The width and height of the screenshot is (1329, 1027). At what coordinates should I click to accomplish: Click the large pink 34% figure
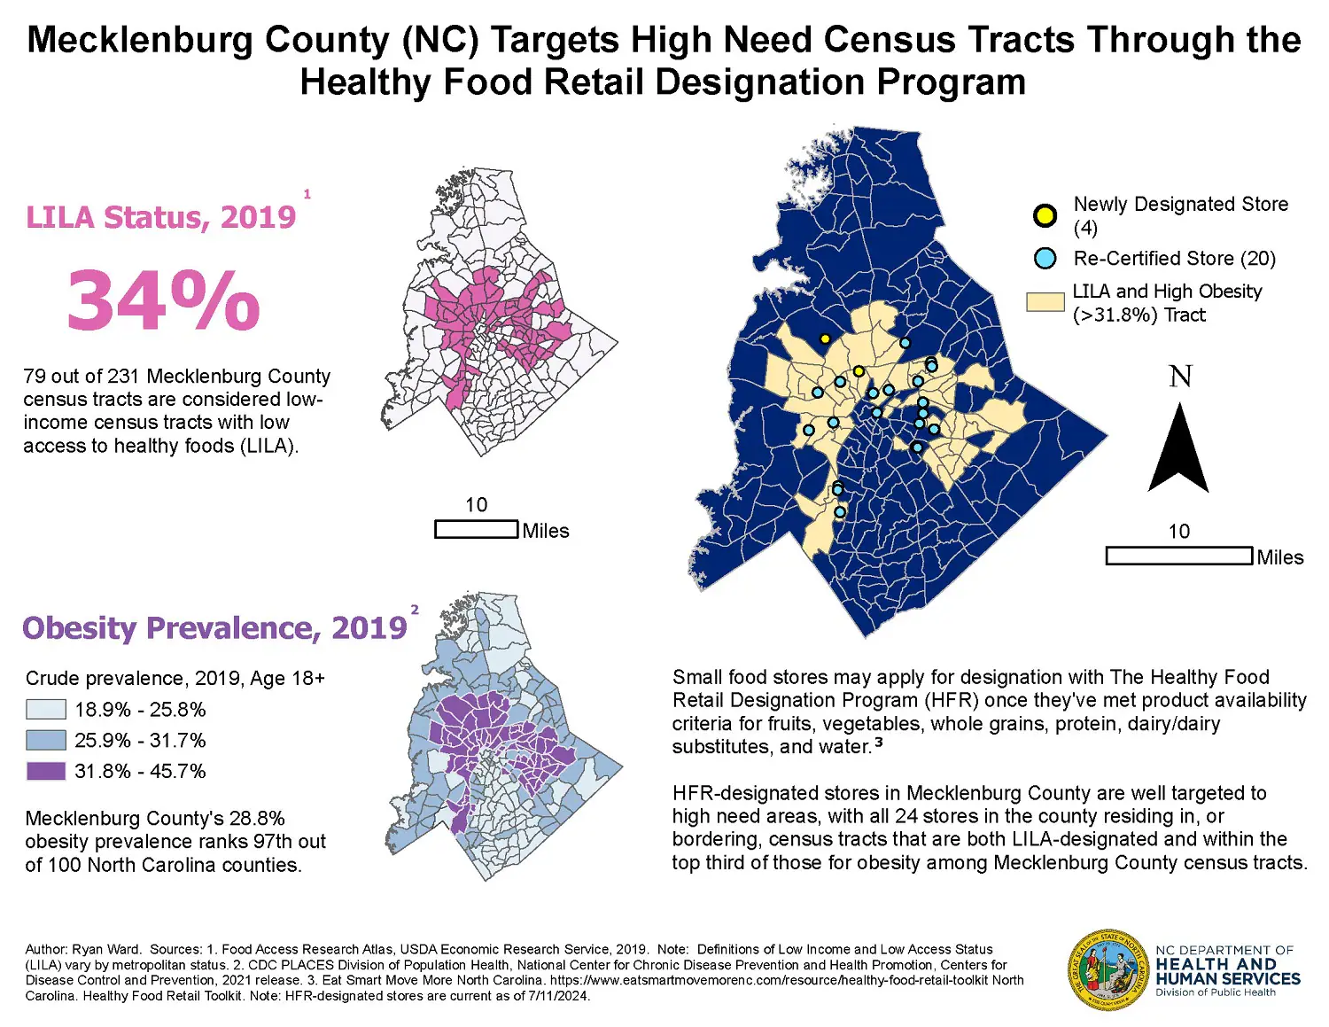click(164, 301)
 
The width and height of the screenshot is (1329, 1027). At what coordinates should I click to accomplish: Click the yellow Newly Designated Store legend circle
click(1045, 215)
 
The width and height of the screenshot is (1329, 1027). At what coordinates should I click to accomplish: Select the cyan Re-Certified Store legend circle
click(1045, 259)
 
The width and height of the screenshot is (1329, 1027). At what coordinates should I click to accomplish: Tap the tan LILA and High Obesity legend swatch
click(1045, 302)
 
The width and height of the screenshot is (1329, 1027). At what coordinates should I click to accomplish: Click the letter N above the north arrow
click(1180, 377)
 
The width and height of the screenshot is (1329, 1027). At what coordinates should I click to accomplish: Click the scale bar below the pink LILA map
click(476, 530)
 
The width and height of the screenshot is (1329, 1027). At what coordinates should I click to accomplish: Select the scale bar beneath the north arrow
click(1179, 556)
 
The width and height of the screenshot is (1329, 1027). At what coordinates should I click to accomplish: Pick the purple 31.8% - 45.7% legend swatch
click(46, 771)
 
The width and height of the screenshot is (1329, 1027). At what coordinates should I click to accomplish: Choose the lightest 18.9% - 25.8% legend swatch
click(46, 709)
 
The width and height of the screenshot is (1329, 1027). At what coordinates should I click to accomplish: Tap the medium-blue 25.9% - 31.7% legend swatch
click(46, 740)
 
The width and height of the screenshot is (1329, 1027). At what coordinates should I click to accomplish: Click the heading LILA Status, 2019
click(160, 218)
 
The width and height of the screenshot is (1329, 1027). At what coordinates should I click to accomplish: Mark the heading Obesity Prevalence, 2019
click(214, 628)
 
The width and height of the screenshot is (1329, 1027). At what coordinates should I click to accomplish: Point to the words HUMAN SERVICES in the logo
click(1227, 979)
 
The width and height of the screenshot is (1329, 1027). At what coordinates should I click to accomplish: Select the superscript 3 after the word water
click(878, 743)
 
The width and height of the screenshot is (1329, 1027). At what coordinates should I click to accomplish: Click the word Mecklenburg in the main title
click(139, 41)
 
